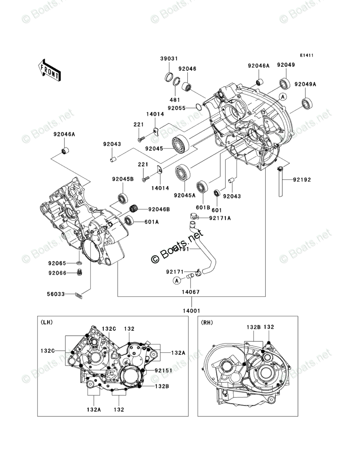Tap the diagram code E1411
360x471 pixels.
click(306, 56)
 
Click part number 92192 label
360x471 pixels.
click(302, 180)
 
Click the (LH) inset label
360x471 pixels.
click(47, 322)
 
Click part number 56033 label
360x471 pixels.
click(56, 294)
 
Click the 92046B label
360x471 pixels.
click(159, 209)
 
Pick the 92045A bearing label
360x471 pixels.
click(184, 196)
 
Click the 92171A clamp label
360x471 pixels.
click(220, 218)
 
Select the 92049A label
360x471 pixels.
click(317, 84)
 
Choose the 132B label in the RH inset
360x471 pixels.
click(254, 327)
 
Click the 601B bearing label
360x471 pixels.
click(203, 208)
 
